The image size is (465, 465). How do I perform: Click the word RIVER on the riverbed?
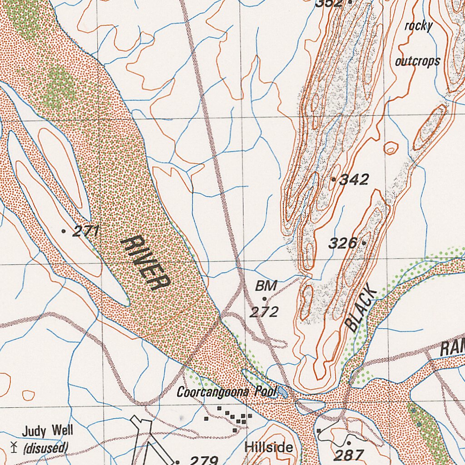(145, 263)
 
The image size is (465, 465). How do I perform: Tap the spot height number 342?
(354, 180)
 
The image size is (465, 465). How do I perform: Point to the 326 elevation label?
(342, 243)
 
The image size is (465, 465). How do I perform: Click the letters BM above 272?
(266, 286)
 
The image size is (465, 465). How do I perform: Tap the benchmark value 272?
(264, 312)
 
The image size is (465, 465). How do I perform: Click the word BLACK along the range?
(361, 309)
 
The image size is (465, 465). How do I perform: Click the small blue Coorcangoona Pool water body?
(282, 391)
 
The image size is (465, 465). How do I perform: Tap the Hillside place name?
(268, 447)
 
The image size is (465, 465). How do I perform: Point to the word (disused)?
(46, 448)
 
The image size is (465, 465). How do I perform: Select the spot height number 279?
(203, 460)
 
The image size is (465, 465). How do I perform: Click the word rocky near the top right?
(418, 26)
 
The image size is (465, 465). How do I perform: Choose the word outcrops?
(417, 61)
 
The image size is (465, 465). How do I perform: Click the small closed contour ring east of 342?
(391, 148)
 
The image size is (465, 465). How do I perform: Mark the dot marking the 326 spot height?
(364, 243)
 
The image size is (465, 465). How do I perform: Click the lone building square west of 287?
(319, 430)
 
